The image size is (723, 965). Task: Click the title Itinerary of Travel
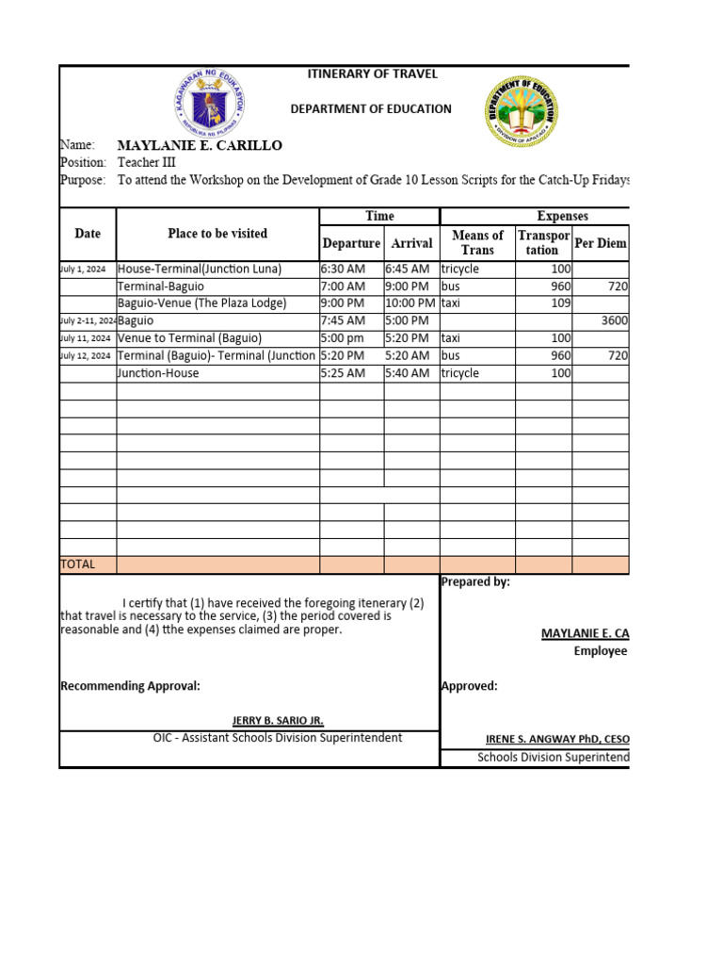[x=373, y=74]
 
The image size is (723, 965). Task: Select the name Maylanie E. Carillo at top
[x=199, y=145]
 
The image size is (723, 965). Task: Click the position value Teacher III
[x=147, y=162]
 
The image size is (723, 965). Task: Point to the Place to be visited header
[x=217, y=234]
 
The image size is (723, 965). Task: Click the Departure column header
[x=351, y=243]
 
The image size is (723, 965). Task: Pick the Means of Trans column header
[x=477, y=242]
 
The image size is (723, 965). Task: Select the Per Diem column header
[x=601, y=243]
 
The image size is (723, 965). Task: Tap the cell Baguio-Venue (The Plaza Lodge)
[x=201, y=303]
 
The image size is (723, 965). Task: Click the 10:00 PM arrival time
[x=410, y=303]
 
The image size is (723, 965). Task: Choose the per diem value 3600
[x=614, y=320]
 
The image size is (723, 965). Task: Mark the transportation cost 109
[x=560, y=303]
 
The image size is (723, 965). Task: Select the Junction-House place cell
[x=158, y=373]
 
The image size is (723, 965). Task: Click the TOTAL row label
[x=78, y=564]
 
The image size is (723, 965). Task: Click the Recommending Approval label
[x=130, y=686]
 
